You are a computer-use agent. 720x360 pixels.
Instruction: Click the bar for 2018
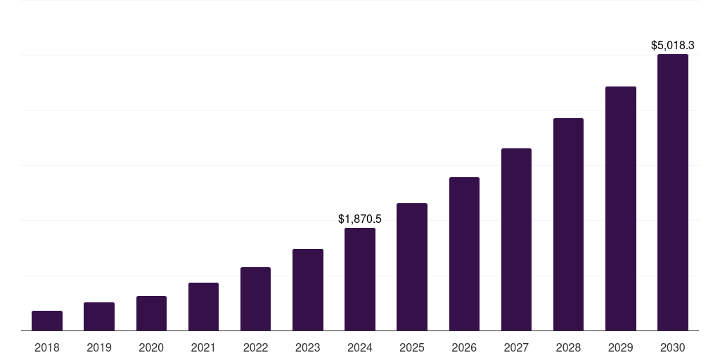point(47,321)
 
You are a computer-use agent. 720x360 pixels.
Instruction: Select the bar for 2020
point(151,314)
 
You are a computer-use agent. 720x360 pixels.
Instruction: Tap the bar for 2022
point(255,299)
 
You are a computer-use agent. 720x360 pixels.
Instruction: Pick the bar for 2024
point(360,279)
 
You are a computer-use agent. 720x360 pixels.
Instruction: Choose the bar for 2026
point(464,254)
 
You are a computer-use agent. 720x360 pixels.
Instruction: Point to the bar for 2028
point(568,224)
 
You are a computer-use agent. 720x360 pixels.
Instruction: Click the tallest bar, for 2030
point(673,193)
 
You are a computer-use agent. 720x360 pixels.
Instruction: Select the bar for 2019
point(99,316)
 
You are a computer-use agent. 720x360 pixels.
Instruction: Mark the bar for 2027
point(516,239)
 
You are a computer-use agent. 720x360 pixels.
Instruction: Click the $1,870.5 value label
point(360,219)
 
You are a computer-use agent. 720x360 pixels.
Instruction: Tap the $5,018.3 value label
point(673,46)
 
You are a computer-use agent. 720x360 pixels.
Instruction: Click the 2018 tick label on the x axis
point(47,347)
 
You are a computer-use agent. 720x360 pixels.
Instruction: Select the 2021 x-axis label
point(203,347)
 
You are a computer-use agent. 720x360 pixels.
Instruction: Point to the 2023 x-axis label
point(308,347)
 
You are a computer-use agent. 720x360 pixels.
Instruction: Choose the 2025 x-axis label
point(412,347)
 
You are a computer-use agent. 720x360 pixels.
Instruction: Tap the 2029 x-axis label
point(621,347)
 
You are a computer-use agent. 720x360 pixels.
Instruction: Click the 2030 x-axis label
point(673,347)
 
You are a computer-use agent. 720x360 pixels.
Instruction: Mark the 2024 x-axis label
point(360,347)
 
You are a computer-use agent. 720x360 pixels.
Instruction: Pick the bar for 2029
point(621,209)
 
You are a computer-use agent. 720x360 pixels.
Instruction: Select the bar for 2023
point(308,290)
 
